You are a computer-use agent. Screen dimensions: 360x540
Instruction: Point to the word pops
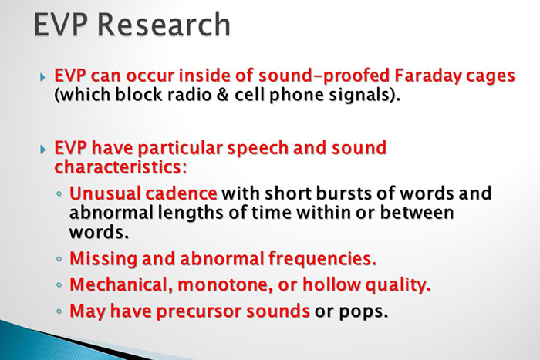[x=361, y=312]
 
